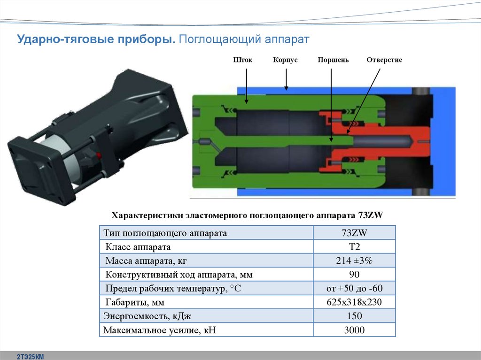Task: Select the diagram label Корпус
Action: (285, 60)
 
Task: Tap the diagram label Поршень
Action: (333, 60)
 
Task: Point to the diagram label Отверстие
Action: (384, 60)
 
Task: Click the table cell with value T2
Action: (354, 247)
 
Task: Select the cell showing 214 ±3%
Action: (354, 261)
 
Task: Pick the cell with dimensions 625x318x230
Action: (354, 302)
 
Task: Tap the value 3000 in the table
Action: (354, 330)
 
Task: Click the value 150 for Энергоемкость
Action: (354, 316)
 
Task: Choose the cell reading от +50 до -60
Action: (354, 289)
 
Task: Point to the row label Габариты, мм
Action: (134, 302)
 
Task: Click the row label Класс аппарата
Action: (138, 247)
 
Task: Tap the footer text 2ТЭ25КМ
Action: (30, 357)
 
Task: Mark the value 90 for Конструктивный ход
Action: (354, 275)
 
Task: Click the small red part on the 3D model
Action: (99, 155)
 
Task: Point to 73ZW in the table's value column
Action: (354, 233)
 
